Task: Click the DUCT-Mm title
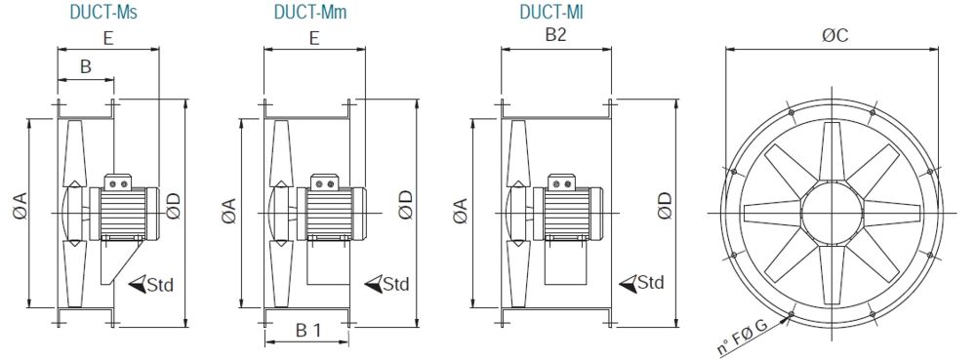click(307, 12)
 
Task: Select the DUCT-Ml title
click(551, 12)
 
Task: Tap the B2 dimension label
click(555, 35)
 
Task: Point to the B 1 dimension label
click(307, 332)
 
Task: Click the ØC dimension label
click(835, 36)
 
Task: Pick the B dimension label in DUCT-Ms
click(85, 67)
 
